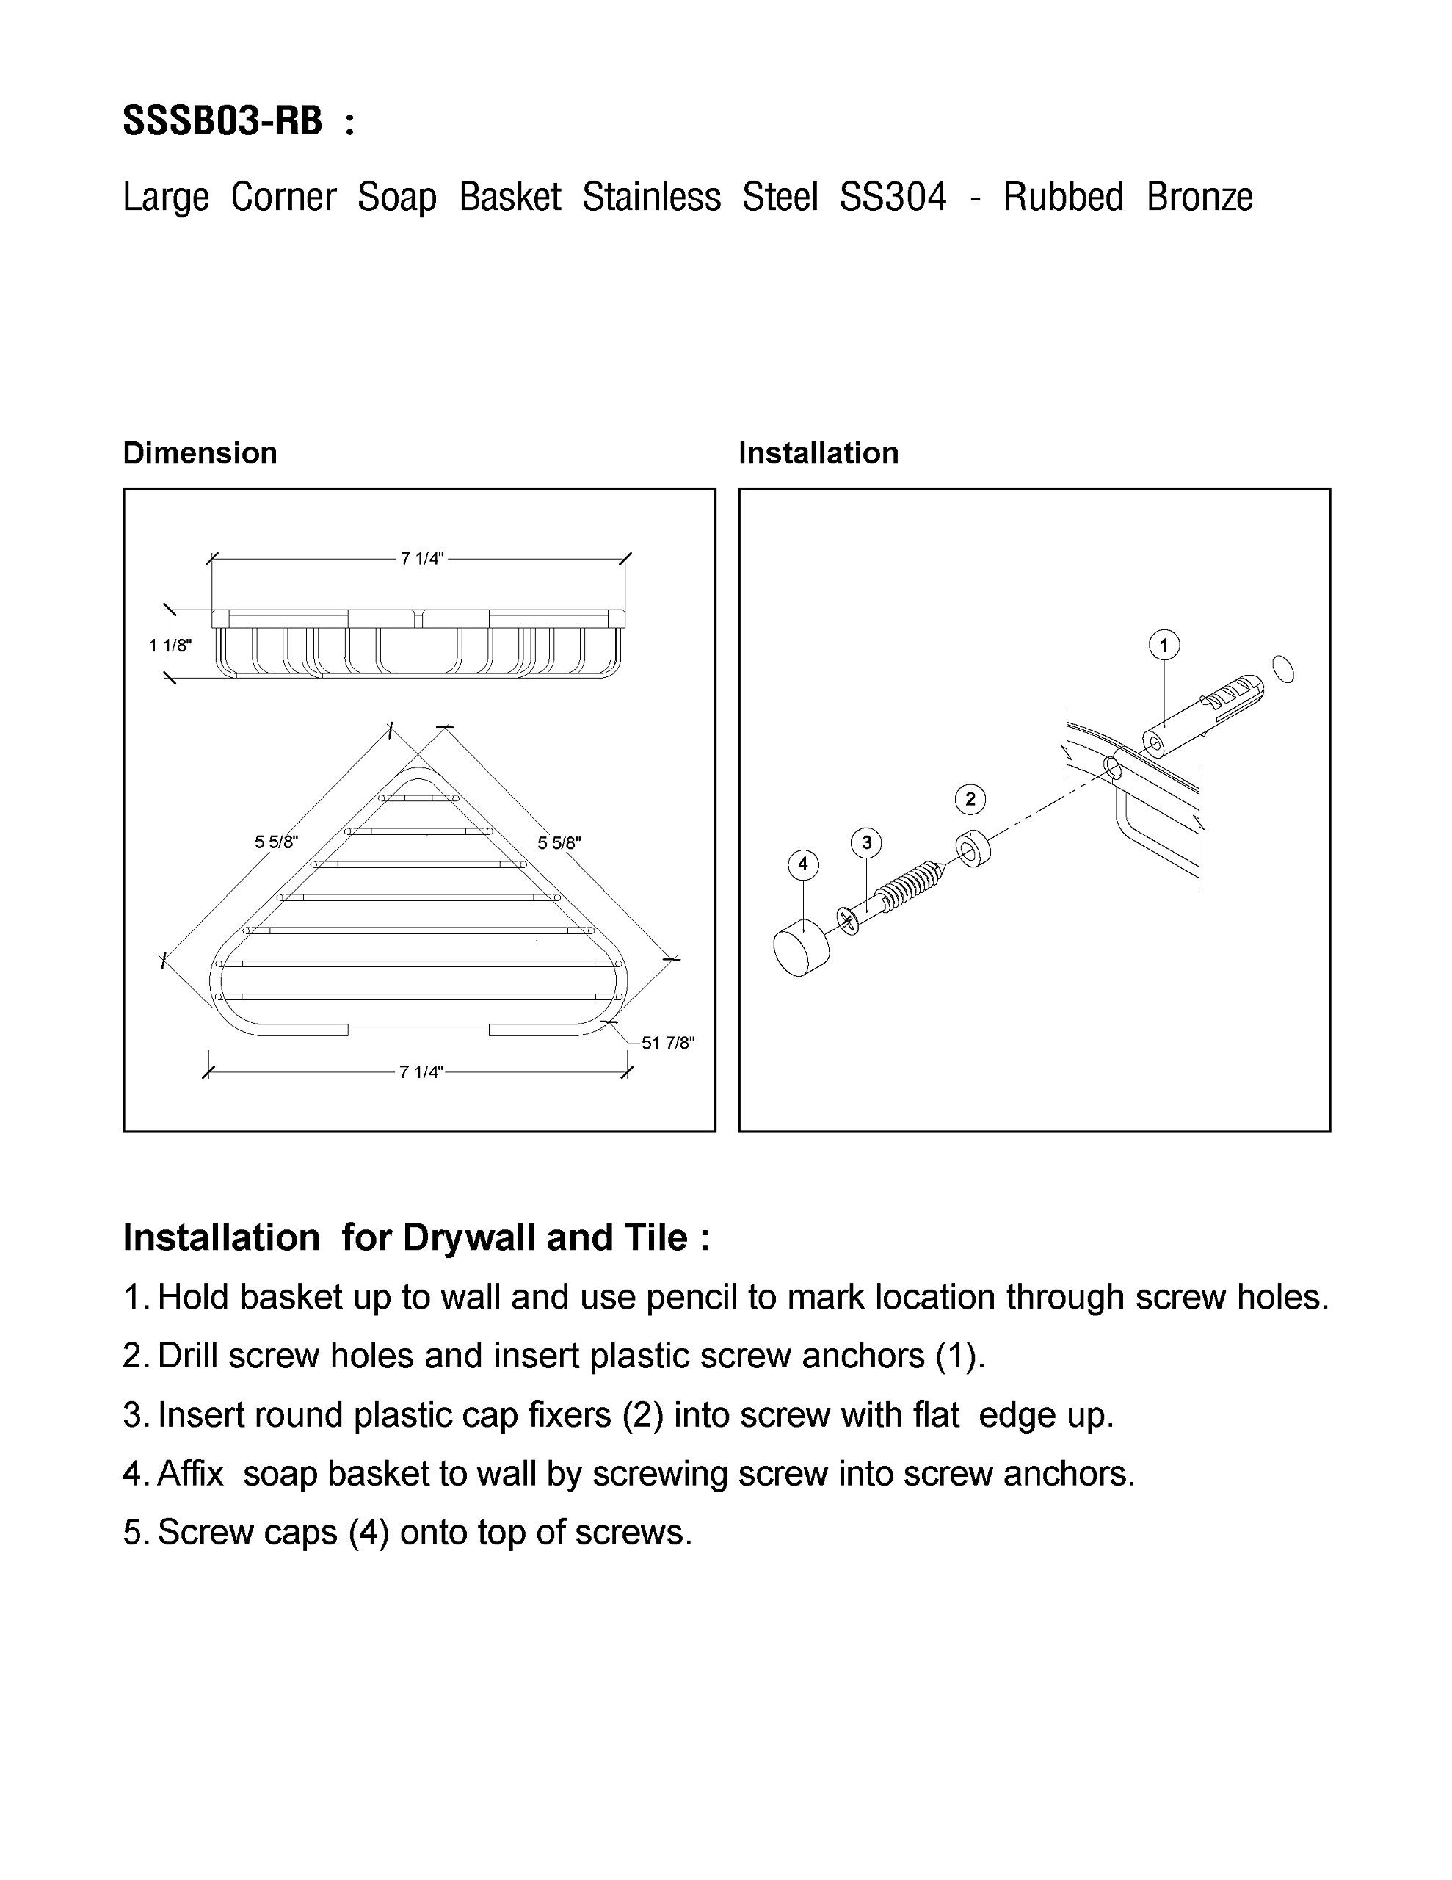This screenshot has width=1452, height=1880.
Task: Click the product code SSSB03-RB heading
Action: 223,120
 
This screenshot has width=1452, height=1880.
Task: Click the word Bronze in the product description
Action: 1199,196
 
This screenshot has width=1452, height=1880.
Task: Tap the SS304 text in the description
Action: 893,196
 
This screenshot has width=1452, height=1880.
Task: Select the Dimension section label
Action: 200,453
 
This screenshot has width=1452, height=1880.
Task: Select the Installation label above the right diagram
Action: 818,453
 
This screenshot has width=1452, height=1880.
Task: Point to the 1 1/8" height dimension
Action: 170,645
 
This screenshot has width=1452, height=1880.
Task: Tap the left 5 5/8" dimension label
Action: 276,842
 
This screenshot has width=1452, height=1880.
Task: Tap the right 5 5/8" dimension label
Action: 559,843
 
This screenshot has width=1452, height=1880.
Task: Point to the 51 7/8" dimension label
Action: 668,1044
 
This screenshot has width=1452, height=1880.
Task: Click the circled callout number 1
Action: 1164,645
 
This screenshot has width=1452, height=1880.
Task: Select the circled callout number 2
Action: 970,799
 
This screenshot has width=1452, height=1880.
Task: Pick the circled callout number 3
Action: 867,843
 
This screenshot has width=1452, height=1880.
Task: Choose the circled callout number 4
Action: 803,864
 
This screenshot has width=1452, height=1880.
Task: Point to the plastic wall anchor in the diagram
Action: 1202,716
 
